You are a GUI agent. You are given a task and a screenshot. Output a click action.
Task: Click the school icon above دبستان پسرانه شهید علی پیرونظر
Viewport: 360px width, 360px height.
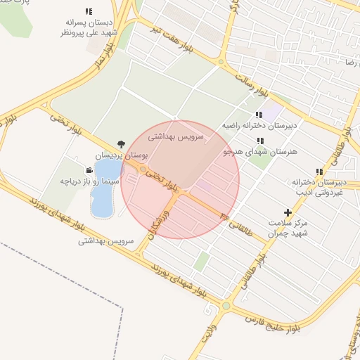click(89, 11)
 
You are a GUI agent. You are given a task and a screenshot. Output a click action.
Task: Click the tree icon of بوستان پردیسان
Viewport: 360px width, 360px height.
click(120, 143)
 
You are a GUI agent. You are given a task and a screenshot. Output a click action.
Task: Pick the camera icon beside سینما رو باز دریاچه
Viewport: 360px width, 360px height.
click(89, 170)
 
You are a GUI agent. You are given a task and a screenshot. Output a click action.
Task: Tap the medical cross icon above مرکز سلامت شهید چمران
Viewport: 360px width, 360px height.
click(287, 212)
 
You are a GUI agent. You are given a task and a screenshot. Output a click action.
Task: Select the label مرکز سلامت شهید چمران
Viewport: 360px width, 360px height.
click(289, 227)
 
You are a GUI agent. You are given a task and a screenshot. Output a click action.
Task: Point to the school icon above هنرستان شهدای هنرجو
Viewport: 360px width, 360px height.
click(260, 141)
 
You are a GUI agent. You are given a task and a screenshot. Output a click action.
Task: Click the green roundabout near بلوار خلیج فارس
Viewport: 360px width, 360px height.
click(226, 306)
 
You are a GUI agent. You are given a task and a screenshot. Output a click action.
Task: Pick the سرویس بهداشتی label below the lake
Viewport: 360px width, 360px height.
click(106, 240)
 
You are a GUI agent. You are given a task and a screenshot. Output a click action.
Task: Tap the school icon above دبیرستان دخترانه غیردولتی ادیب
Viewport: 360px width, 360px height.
click(320, 171)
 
